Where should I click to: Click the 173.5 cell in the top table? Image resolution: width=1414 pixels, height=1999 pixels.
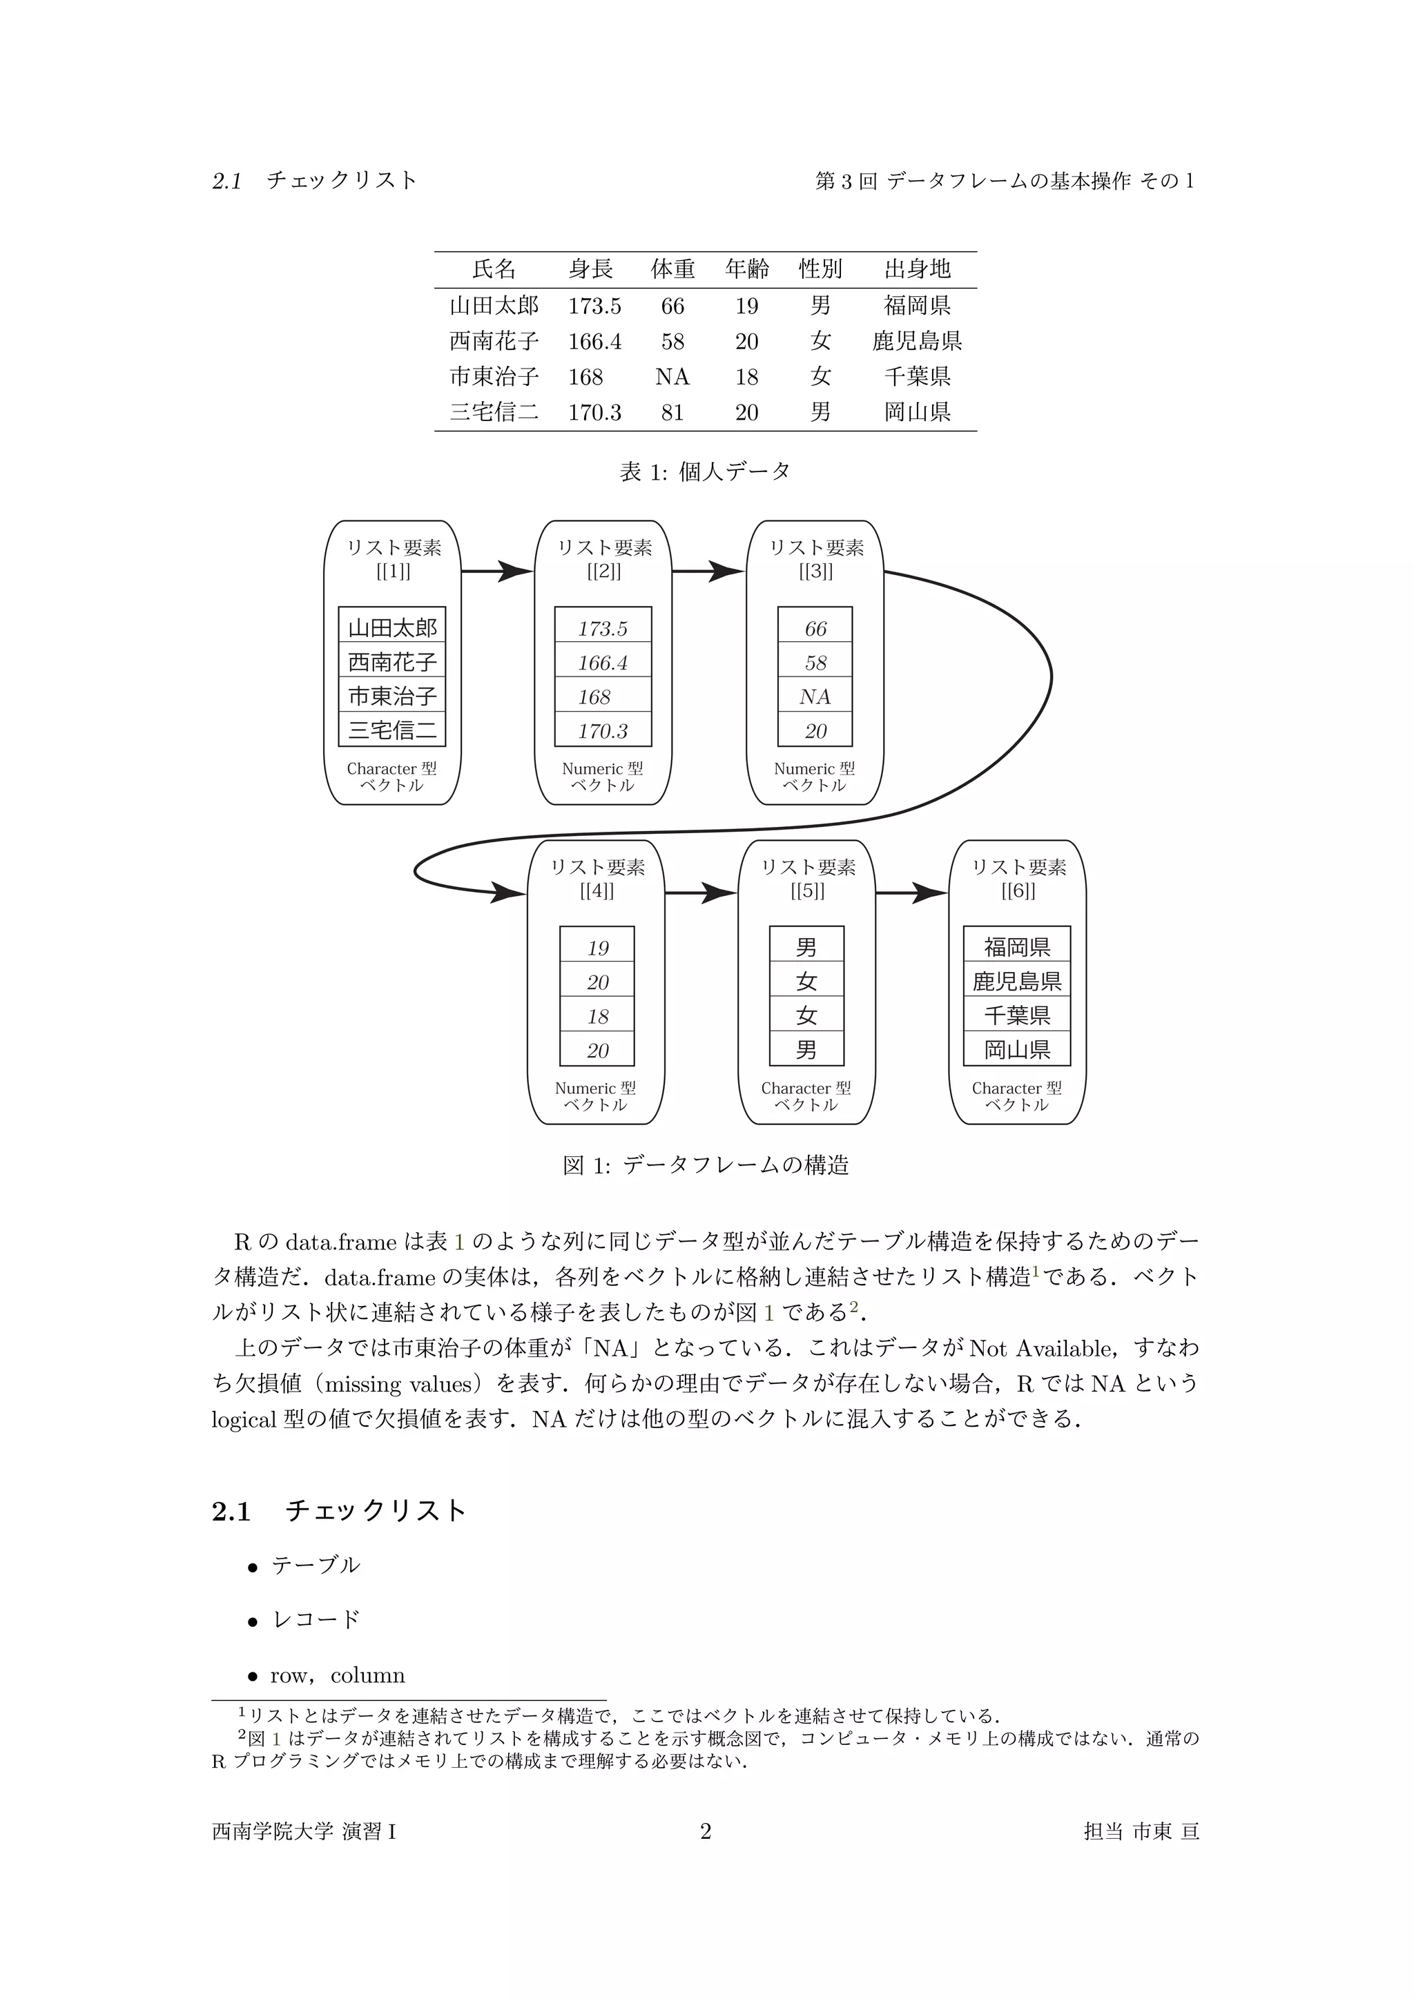point(594,306)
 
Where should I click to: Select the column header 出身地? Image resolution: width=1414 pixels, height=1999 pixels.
point(917,269)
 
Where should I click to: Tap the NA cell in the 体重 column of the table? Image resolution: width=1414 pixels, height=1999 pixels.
point(672,377)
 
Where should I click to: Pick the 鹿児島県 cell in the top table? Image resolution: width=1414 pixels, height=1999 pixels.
point(917,341)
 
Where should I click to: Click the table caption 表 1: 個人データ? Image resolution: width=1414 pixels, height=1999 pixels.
point(705,472)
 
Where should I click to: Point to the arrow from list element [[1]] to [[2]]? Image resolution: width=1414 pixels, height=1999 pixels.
point(497,572)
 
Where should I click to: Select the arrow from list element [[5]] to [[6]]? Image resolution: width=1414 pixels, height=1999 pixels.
point(911,893)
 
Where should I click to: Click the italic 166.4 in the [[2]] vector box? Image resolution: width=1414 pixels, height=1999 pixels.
point(603,663)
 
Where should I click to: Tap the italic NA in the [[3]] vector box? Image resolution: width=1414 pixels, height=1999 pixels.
point(815,696)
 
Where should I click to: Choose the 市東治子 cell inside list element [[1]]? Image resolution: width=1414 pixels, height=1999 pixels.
point(391,696)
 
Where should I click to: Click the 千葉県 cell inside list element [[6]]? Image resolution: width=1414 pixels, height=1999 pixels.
point(1017,1015)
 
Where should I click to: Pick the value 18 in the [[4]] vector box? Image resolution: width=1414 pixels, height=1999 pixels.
point(597,1016)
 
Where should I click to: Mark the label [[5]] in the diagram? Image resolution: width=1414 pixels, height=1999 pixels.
point(807,892)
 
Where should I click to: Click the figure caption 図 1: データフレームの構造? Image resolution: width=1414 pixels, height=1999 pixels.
point(705,1165)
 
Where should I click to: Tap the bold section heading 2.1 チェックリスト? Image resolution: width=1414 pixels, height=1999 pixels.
point(339,1510)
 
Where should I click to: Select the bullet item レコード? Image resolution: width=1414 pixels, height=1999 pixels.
point(316,1619)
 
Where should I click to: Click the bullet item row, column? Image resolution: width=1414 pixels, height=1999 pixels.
point(337,1675)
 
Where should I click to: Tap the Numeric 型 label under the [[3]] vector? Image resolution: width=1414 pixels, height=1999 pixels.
point(814,769)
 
